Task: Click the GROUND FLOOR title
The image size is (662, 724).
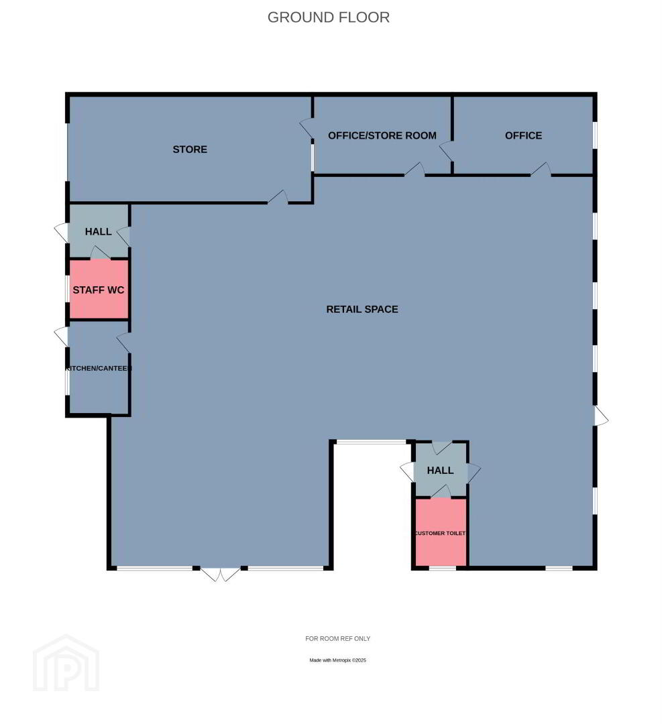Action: pos(329,17)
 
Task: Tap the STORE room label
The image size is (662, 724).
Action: pos(190,149)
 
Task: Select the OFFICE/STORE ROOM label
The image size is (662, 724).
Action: pos(382,135)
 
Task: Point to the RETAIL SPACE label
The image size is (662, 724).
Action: pos(362,309)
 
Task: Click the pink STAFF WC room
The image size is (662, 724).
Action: pos(99,290)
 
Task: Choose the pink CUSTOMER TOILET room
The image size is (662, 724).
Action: pos(441,532)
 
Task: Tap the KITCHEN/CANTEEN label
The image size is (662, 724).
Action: pos(99,368)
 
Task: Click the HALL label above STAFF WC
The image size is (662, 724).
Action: pos(99,231)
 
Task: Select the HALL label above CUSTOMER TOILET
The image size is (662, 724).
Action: pos(440,470)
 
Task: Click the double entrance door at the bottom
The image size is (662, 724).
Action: pos(221,574)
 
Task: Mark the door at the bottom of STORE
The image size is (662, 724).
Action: pos(278,197)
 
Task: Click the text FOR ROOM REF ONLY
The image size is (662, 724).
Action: pos(337,639)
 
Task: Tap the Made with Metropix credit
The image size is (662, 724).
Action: pos(337,660)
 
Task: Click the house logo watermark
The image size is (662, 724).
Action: pos(66,663)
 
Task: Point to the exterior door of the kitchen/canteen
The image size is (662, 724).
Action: pos(62,337)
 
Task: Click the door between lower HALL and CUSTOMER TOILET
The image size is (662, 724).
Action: pos(441,492)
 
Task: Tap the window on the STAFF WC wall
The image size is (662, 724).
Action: pos(68,290)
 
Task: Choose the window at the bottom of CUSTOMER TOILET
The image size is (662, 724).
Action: pos(443,568)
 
